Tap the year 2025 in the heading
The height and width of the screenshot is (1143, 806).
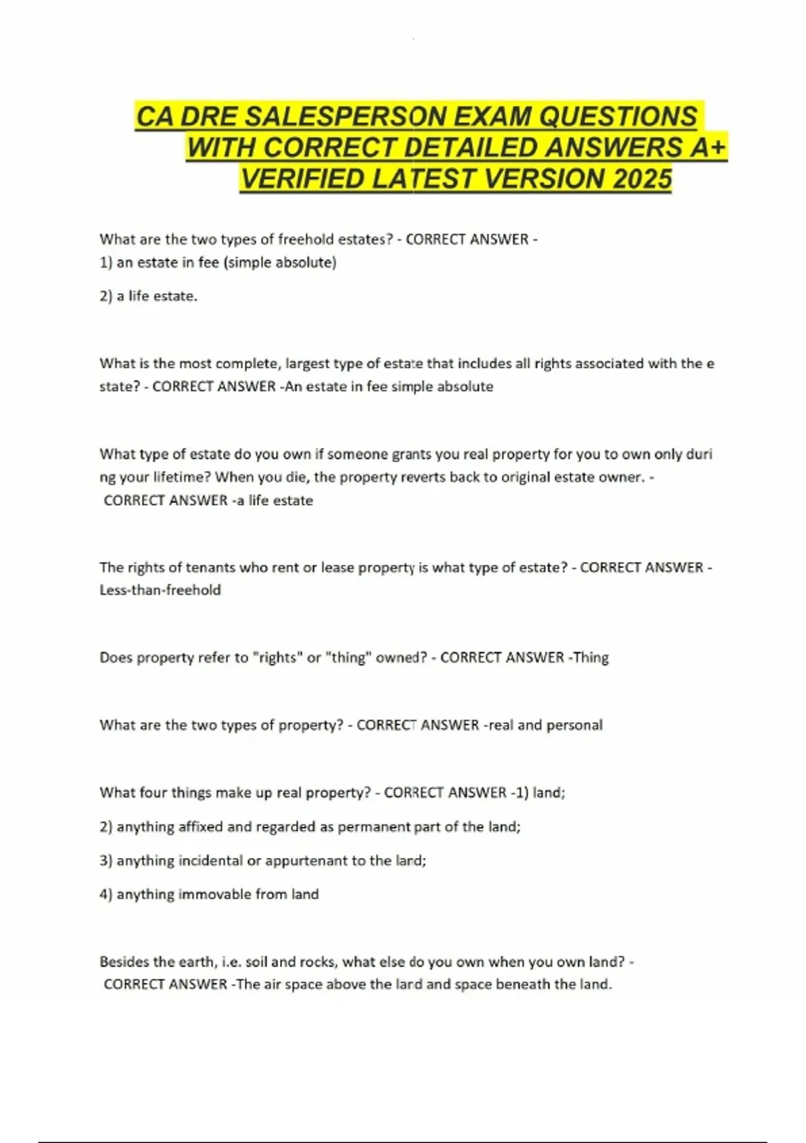(x=642, y=179)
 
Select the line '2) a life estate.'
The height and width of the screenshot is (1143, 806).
(x=148, y=296)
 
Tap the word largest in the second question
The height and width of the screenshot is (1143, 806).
(x=307, y=364)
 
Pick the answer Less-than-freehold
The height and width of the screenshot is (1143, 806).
(x=160, y=590)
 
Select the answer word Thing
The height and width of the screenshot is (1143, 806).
(x=590, y=658)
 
